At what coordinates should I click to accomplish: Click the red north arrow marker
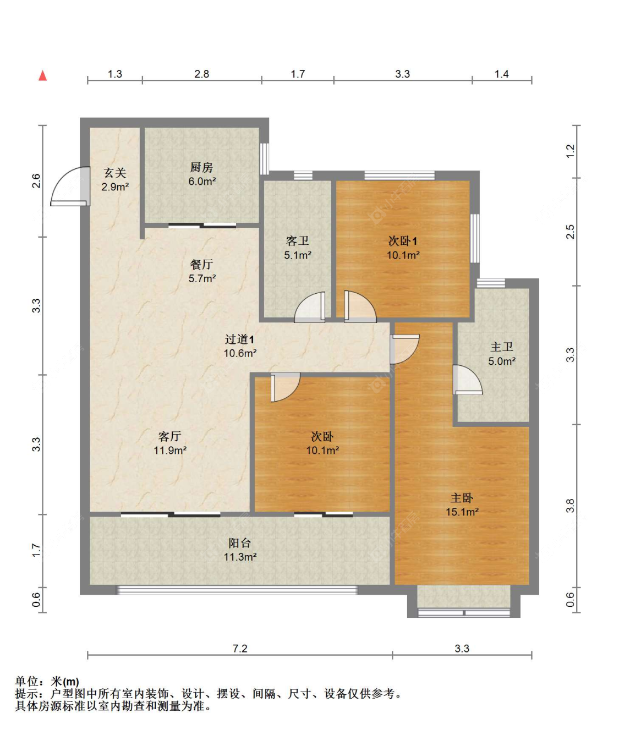pyautogui.click(x=43, y=75)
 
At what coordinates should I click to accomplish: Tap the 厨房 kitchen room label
pyautogui.click(x=201, y=167)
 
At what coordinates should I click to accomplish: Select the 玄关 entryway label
pyautogui.click(x=115, y=173)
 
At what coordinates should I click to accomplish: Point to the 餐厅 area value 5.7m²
pyautogui.click(x=202, y=279)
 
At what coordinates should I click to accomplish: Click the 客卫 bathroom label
pyautogui.click(x=298, y=241)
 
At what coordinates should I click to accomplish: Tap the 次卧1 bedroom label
pyautogui.click(x=403, y=241)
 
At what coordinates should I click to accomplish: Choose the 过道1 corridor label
pyautogui.click(x=239, y=339)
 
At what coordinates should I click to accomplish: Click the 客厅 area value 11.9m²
pyautogui.click(x=169, y=451)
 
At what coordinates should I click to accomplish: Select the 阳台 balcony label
pyautogui.click(x=240, y=543)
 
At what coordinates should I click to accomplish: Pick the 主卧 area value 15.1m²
pyautogui.click(x=462, y=512)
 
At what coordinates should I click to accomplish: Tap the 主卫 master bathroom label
pyautogui.click(x=501, y=347)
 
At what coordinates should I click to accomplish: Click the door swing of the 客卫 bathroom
pyautogui.click(x=310, y=308)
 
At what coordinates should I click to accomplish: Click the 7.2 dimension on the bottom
pyautogui.click(x=240, y=649)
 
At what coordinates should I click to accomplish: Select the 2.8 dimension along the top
pyautogui.click(x=201, y=74)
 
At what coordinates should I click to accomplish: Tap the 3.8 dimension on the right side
pyautogui.click(x=570, y=506)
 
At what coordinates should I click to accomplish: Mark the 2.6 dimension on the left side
pyautogui.click(x=36, y=180)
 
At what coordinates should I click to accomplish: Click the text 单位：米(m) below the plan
pyautogui.click(x=47, y=682)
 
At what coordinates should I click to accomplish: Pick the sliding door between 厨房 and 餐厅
pyautogui.click(x=202, y=225)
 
